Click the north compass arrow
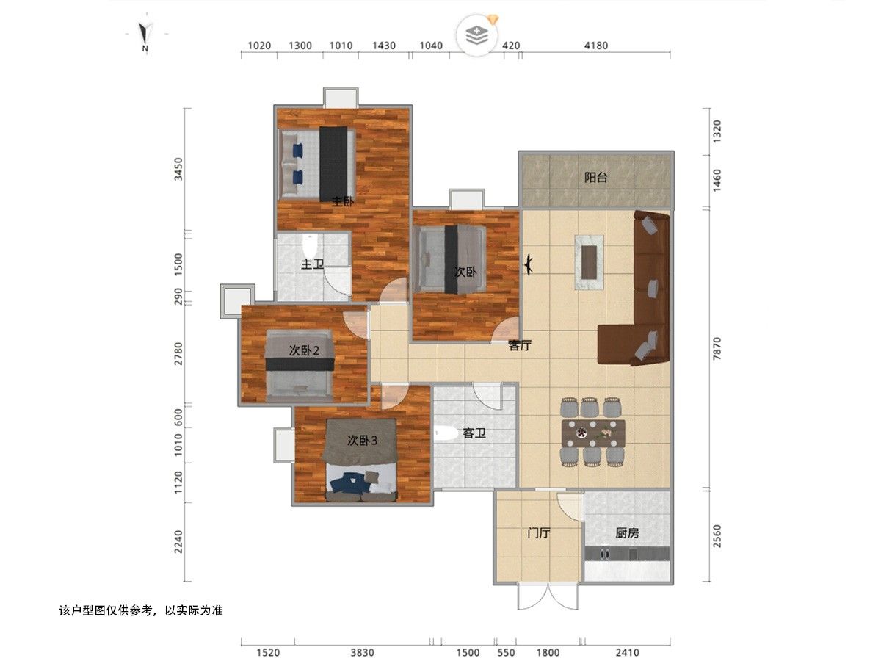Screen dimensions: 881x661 (145, 33)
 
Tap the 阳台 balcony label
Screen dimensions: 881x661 (595, 178)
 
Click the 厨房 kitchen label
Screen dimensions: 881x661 (627, 533)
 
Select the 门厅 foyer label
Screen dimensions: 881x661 (538, 533)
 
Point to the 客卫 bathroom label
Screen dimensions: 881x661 (474, 433)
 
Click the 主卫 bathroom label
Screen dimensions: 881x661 (312, 264)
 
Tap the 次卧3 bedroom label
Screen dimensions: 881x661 (362, 441)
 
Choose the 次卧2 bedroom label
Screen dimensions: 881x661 (304, 351)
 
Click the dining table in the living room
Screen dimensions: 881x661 (594, 433)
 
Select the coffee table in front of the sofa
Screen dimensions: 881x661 (590, 262)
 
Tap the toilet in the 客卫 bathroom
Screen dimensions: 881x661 (446, 433)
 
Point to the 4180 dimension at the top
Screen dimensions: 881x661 (595, 46)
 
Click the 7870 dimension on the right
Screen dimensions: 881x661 (717, 348)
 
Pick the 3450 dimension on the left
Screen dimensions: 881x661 (178, 170)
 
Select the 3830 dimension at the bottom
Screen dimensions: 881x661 (362, 653)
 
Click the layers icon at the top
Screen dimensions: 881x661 (476, 35)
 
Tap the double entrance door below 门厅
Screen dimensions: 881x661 (548, 596)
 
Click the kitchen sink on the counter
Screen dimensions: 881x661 (604, 555)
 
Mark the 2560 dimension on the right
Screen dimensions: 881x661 (717, 536)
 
